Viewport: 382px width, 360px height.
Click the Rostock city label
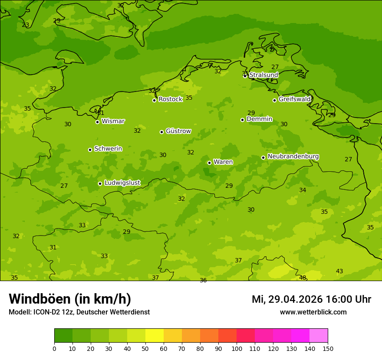tap(170, 99)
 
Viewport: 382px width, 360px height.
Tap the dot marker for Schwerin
tap(90, 150)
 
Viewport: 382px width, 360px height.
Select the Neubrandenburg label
tap(293, 157)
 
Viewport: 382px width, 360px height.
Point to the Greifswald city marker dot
tap(274, 100)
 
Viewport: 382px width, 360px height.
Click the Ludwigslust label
tap(122, 183)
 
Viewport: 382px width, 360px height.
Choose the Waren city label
tap(223, 162)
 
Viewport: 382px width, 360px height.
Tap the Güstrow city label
tap(178, 131)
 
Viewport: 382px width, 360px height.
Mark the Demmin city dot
tap(242, 120)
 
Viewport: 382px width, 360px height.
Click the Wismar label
tap(113, 121)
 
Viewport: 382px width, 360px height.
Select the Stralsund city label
tap(263, 75)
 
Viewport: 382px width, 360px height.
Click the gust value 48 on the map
tap(303, 278)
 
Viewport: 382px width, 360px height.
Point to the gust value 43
tap(339, 272)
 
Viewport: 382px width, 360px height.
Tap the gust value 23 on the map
tap(26, 25)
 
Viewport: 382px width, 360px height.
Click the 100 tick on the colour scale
tap(237, 348)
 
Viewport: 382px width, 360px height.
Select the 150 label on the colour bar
tap(328, 348)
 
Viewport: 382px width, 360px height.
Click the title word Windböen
tap(40, 299)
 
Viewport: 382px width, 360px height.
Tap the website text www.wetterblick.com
tap(313, 312)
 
